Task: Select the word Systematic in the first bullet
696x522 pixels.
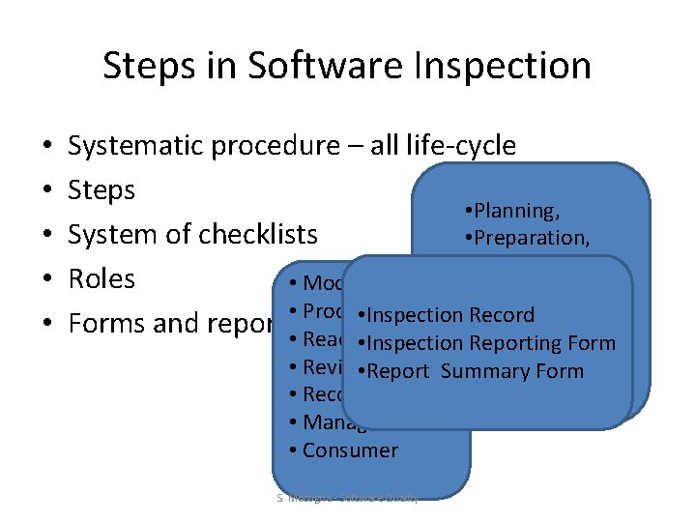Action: [134, 146]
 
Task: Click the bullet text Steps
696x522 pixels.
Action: [101, 190]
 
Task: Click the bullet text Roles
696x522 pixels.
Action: [101, 279]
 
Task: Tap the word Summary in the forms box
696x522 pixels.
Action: [478, 371]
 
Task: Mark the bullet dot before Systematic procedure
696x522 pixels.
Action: [47, 147]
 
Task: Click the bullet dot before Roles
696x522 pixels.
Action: [47, 280]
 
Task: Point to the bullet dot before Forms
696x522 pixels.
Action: [47, 324]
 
